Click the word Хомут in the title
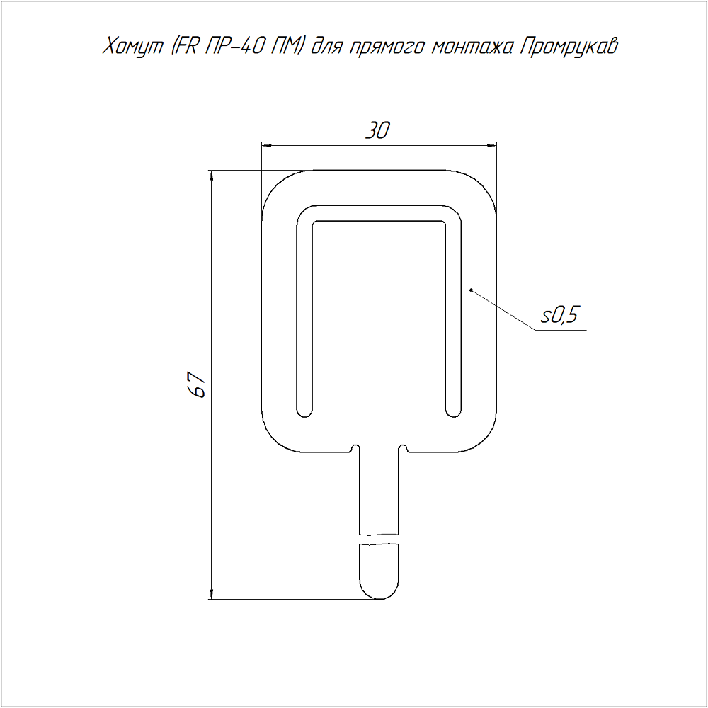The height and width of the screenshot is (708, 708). point(133,47)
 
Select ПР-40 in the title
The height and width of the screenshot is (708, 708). point(234,46)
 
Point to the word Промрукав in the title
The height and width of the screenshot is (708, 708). point(569,47)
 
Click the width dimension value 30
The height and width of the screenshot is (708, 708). point(377,130)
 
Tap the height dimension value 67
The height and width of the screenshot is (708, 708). point(198,384)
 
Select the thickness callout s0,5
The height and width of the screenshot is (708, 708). point(559,315)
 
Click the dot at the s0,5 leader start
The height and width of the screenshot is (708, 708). point(471,290)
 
